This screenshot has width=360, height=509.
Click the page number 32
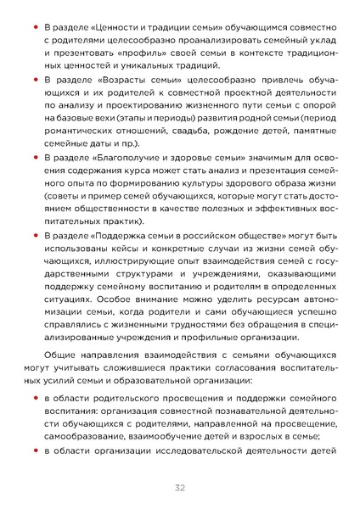180,487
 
